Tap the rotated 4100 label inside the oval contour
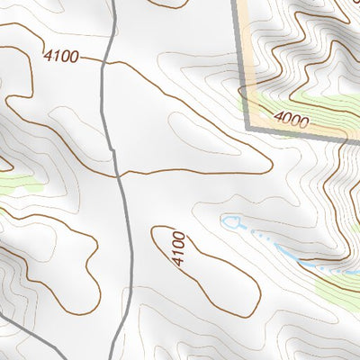(178, 249)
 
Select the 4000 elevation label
(292, 118)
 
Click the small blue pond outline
(231, 220)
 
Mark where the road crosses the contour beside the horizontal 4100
(103, 63)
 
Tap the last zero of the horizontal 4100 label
(73, 58)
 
